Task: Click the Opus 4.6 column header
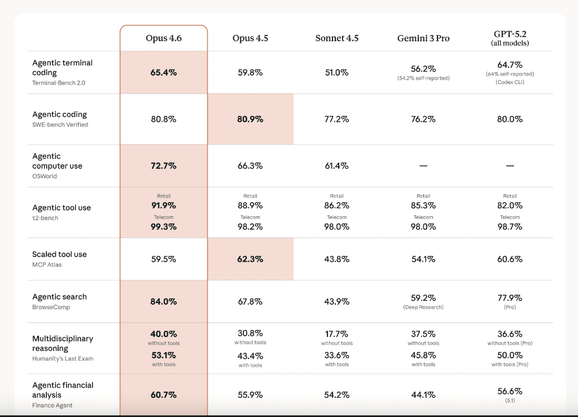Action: (164, 38)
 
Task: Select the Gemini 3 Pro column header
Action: (423, 38)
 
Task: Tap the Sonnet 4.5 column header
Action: (337, 38)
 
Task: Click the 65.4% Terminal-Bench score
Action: (164, 73)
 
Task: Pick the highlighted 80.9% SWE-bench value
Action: (250, 119)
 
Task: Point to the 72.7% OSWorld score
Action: (164, 166)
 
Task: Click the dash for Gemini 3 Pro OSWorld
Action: (423, 166)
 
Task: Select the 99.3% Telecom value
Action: (164, 227)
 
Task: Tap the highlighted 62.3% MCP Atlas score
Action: (250, 259)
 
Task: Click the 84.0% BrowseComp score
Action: (164, 301)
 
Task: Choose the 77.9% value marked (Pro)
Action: (510, 297)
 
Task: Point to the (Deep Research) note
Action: (423, 308)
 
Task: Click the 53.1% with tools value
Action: (164, 355)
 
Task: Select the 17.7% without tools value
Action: (337, 333)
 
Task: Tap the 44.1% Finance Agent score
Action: (423, 395)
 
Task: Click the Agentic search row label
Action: (59, 297)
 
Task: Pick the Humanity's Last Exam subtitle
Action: (63, 359)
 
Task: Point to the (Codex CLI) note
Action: (510, 82)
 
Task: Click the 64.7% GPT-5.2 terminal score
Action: (510, 65)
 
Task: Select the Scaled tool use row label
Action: (59, 254)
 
